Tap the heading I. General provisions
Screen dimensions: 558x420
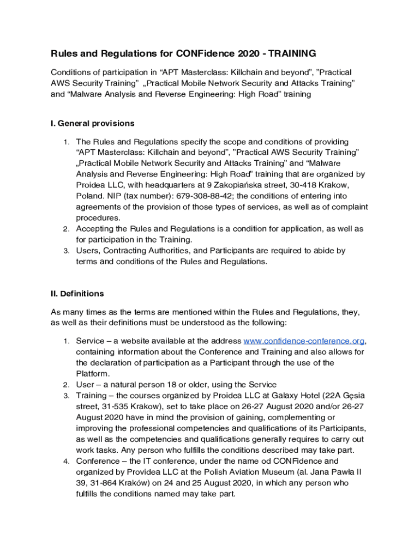tap(93, 123)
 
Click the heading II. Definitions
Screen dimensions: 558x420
tap(77, 294)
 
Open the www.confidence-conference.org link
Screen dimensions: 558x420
tap(304, 341)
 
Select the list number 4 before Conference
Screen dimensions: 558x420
tap(65, 462)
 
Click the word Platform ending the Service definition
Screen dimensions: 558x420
tap(93, 374)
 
